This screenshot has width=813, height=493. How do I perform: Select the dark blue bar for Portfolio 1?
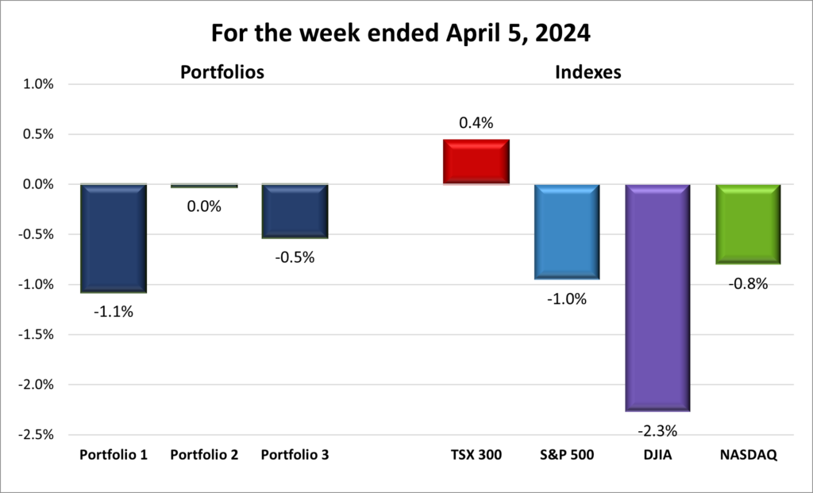click(113, 237)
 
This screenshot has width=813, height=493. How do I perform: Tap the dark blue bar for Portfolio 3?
click(295, 210)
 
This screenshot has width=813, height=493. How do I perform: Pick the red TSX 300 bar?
click(476, 162)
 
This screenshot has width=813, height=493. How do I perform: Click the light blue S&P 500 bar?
click(566, 231)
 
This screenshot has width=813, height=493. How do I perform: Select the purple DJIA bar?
click(657, 298)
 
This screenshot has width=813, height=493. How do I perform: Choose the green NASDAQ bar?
click(748, 224)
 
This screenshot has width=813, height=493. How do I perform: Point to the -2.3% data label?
click(657, 431)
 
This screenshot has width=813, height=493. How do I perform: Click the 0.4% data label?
click(476, 123)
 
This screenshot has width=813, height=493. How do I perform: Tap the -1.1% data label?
click(113, 312)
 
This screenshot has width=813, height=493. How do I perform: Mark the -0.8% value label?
click(748, 283)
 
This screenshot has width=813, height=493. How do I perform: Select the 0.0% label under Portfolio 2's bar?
click(204, 206)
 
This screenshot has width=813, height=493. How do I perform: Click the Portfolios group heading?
click(222, 72)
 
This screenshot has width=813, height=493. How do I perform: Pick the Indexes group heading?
click(588, 72)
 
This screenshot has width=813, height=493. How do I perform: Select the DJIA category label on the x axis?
click(657, 456)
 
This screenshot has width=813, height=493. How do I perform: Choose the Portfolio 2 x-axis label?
click(204, 456)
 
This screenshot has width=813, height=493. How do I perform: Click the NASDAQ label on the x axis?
click(748, 456)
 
